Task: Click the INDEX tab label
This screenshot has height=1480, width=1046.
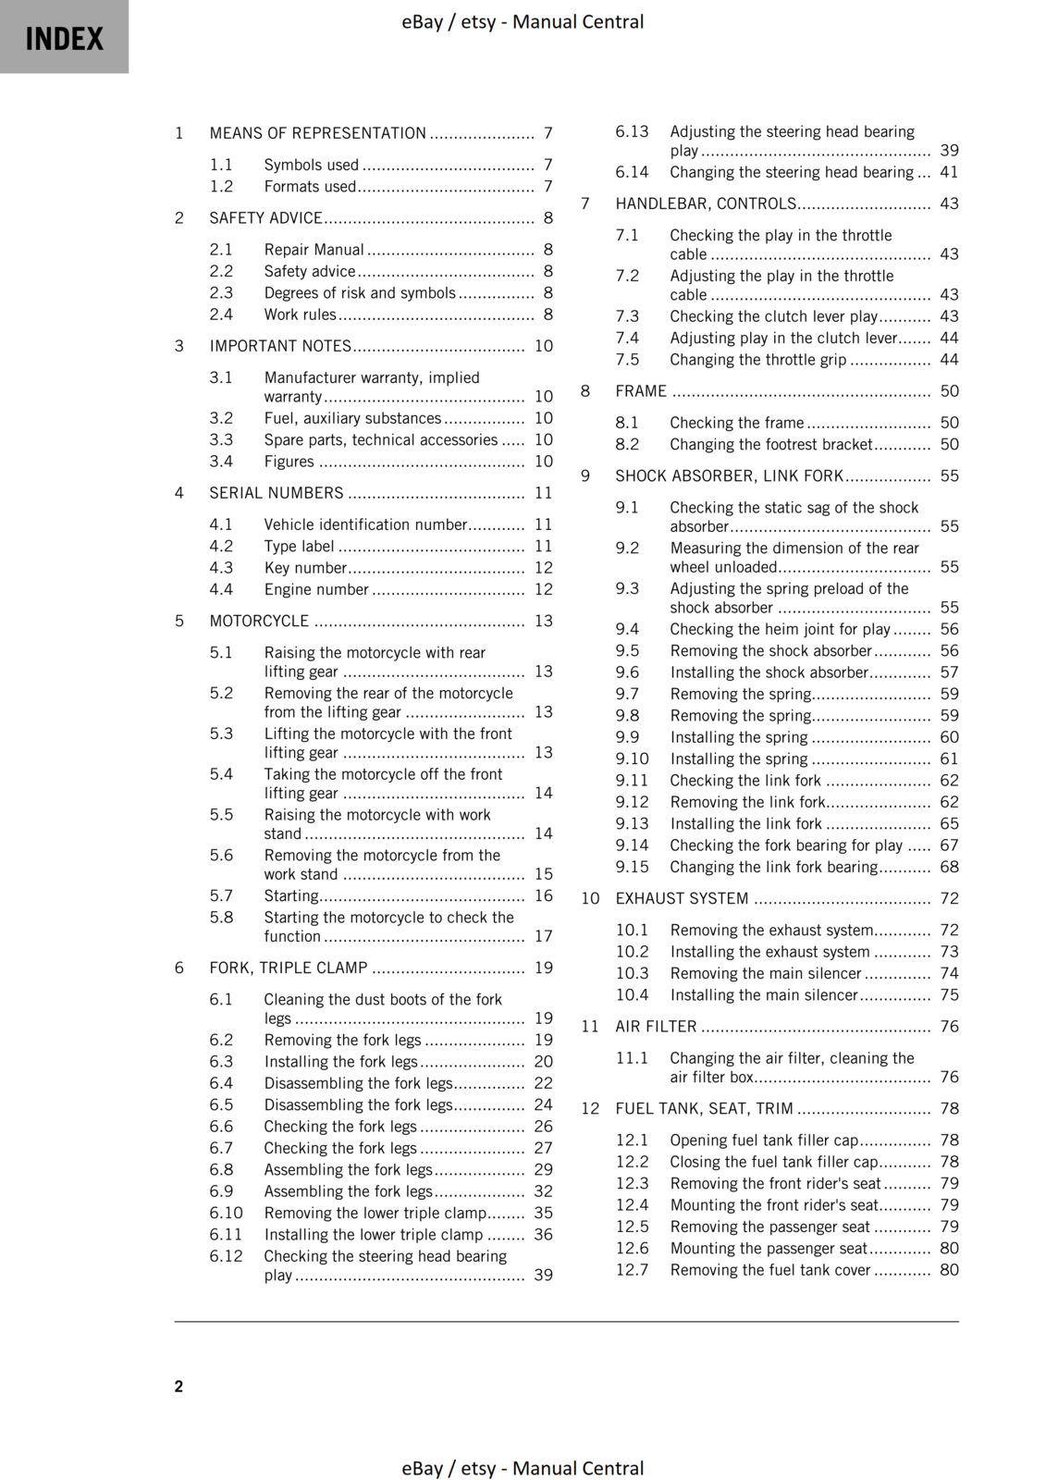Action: (x=64, y=39)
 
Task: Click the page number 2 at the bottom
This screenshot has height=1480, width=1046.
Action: (x=178, y=1386)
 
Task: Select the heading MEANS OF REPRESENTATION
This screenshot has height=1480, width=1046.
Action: (x=317, y=133)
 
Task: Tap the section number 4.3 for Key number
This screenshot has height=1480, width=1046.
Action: (x=221, y=568)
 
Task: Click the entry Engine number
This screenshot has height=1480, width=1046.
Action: (x=316, y=589)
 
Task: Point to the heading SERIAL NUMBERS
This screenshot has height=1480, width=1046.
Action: (x=276, y=493)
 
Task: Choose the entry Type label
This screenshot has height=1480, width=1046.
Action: (x=299, y=546)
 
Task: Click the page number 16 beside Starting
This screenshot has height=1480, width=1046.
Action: (x=543, y=895)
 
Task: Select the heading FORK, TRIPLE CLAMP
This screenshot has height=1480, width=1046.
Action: (x=288, y=968)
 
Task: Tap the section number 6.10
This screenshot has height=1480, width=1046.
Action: (x=226, y=1213)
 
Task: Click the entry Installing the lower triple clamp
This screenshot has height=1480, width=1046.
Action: (x=374, y=1234)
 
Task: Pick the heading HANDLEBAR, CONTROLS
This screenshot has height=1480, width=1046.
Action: (x=706, y=203)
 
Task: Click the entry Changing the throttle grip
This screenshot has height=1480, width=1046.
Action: (x=757, y=360)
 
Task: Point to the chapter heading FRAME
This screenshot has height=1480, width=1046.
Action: (x=641, y=391)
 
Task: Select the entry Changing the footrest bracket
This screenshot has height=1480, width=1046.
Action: (x=770, y=444)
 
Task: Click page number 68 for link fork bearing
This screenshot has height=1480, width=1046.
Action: (x=949, y=867)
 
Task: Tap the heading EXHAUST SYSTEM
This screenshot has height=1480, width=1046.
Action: (x=682, y=898)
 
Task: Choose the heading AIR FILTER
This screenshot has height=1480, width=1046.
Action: (x=656, y=1027)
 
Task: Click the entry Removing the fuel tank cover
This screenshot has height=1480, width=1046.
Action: (x=770, y=1270)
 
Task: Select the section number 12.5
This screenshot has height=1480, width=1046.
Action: (x=633, y=1227)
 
